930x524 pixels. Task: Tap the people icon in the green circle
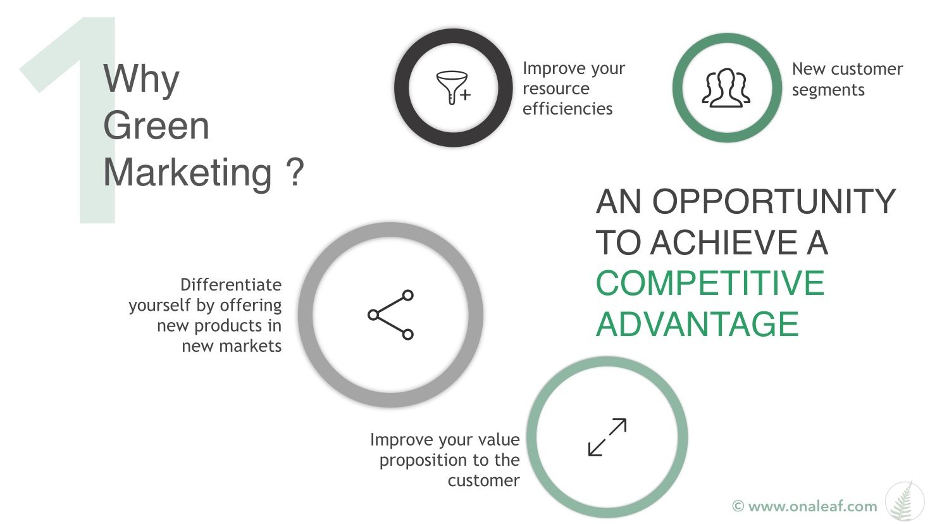click(726, 88)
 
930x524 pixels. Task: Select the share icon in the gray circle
click(391, 315)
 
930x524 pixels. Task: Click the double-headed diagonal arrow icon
click(607, 437)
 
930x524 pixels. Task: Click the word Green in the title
click(156, 125)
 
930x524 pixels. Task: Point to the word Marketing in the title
click(188, 172)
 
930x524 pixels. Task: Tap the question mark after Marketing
click(295, 172)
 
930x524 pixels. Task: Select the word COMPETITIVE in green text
click(710, 283)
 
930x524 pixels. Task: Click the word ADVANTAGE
click(697, 324)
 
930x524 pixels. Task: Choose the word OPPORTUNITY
click(774, 202)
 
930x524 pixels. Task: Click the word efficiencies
click(567, 109)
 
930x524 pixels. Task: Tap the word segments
click(828, 90)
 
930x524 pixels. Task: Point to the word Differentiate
click(231, 285)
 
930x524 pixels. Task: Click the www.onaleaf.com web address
click(812, 506)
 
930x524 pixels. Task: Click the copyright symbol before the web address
click(738, 506)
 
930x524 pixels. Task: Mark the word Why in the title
click(141, 80)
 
